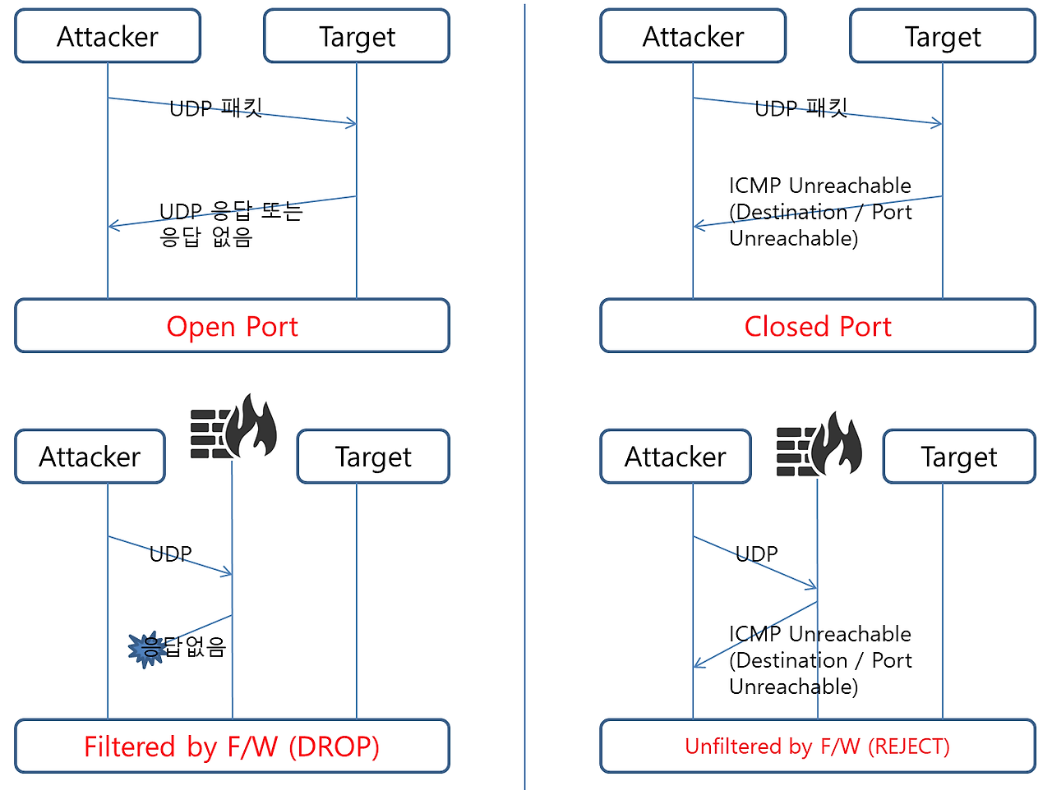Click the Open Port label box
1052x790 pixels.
(x=232, y=326)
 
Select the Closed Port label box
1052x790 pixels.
(x=818, y=326)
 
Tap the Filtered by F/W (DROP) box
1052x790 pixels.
(x=232, y=746)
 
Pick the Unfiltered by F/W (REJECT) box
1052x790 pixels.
(x=818, y=746)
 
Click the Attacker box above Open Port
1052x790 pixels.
(x=108, y=36)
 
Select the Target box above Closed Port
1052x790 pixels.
(x=943, y=36)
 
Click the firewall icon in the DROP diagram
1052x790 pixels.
(x=233, y=426)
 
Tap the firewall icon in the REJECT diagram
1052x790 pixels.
(x=819, y=443)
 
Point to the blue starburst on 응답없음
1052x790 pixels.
(x=146, y=649)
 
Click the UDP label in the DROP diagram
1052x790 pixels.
(x=171, y=554)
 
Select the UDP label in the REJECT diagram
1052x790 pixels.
(x=756, y=554)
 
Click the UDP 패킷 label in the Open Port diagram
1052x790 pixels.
(x=215, y=108)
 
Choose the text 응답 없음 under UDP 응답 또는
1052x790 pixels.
(x=205, y=237)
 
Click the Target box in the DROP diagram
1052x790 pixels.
(x=373, y=457)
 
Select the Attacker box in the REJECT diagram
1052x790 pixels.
(x=676, y=457)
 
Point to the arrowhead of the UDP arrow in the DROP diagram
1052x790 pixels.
(x=227, y=572)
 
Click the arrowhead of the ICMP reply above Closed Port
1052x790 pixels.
(x=699, y=226)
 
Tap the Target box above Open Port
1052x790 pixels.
(x=357, y=36)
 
